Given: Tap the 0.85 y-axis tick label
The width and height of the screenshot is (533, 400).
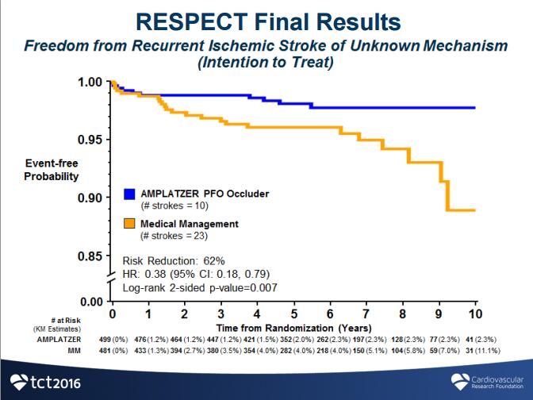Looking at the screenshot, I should (x=90, y=256).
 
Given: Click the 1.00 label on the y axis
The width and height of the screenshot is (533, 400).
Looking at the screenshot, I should (x=90, y=82).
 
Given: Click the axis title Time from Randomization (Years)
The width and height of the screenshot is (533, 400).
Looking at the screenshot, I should (x=293, y=326).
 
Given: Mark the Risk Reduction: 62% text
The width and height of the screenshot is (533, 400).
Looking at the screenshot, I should (x=174, y=260).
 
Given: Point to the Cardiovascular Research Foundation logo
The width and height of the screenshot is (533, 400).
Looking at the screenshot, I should (x=486, y=381).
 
